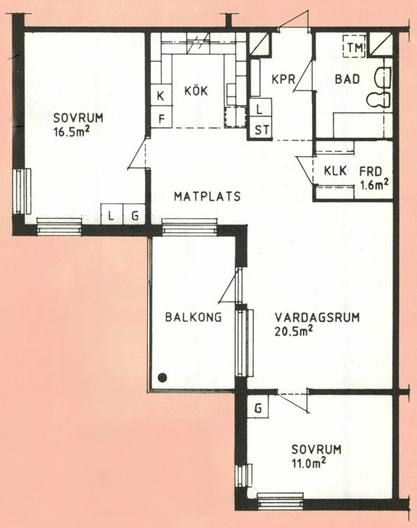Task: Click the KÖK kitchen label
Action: [x=196, y=90]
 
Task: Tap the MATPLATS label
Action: [x=207, y=196]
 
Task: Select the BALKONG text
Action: [x=193, y=317]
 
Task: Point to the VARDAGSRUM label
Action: [x=317, y=317]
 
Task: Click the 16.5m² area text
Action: [x=71, y=131]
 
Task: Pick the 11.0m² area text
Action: [x=309, y=463]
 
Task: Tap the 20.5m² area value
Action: [x=294, y=331]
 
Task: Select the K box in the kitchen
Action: [x=161, y=96]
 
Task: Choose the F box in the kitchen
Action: [x=161, y=117]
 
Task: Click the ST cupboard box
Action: [x=261, y=130]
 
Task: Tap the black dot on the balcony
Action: [x=163, y=378]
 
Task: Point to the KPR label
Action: [x=284, y=80]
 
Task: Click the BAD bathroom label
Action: [x=347, y=80]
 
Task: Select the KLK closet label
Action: [x=335, y=171]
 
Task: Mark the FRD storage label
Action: [x=370, y=172]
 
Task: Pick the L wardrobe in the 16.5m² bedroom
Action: [x=111, y=214]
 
